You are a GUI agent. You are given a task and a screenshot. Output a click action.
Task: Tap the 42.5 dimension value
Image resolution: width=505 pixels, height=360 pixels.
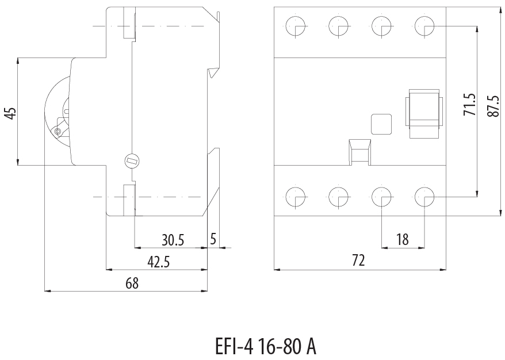(159, 262)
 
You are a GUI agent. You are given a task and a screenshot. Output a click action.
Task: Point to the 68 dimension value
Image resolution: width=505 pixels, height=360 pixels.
(132, 283)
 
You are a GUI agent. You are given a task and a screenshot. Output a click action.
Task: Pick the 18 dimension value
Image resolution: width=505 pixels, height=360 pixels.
(403, 239)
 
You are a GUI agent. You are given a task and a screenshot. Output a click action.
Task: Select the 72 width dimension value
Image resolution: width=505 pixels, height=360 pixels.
(358, 261)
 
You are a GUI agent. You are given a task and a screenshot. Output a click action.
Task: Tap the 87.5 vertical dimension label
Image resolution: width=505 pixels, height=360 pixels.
(492, 106)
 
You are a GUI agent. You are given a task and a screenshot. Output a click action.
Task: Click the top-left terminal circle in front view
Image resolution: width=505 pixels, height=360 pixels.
(296, 25)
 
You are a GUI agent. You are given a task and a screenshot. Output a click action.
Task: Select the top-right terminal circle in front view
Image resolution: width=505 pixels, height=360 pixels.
(424, 25)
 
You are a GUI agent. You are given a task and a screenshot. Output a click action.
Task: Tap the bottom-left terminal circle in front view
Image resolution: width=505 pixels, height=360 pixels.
(296, 197)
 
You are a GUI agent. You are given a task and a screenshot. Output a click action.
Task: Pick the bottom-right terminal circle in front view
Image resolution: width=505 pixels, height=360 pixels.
(424, 197)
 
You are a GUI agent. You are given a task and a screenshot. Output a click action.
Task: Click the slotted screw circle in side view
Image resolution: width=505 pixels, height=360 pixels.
(132, 161)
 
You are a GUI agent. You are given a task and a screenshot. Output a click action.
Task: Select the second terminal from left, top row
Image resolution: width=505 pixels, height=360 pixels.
(339, 25)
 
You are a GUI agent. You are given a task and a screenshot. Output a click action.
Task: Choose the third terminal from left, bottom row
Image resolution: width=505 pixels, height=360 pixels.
(381, 197)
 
